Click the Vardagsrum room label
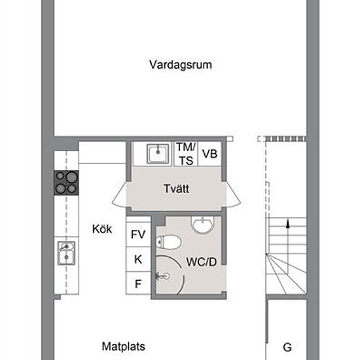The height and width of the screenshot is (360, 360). click(181, 65)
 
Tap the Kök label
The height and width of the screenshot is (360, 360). click(102, 229)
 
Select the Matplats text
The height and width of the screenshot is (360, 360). click(123, 346)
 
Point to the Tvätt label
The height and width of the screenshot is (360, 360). click(176, 189)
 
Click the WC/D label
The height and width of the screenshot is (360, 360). click(202, 262)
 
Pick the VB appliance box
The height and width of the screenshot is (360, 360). click(209, 154)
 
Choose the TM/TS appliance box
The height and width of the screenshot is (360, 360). click(186, 154)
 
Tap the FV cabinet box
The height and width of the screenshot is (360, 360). click(138, 234)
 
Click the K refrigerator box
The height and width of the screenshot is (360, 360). click(138, 259)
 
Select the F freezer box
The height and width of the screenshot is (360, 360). click(138, 284)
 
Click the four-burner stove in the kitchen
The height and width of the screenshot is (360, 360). click(66, 183)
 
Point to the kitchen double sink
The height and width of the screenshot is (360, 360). click(66, 253)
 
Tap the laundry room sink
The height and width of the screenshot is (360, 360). click(158, 154)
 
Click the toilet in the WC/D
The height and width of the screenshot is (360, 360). click(169, 242)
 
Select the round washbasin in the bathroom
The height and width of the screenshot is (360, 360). click(203, 225)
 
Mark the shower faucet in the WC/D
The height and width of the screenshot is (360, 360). click(163, 276)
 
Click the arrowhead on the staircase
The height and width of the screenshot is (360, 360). click(288, 224)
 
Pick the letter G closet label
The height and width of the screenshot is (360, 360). click(287, 347)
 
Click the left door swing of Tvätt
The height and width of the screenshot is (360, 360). click(119, 194)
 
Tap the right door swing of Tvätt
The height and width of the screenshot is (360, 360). click(234, 194)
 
